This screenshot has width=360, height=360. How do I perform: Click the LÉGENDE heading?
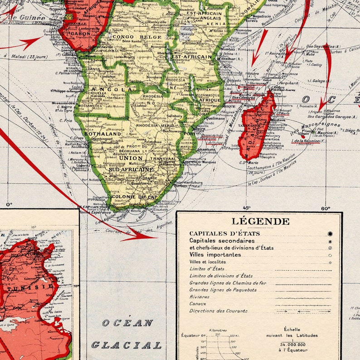coord(260,221)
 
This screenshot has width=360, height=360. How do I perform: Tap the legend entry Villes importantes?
coord(215,255)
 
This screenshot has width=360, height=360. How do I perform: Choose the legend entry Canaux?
coord(198,304)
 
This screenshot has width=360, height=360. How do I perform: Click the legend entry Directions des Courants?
coord(218,311)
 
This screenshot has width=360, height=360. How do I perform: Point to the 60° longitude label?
coord(326,208)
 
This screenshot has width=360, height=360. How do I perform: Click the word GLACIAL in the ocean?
coord(126,345)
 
